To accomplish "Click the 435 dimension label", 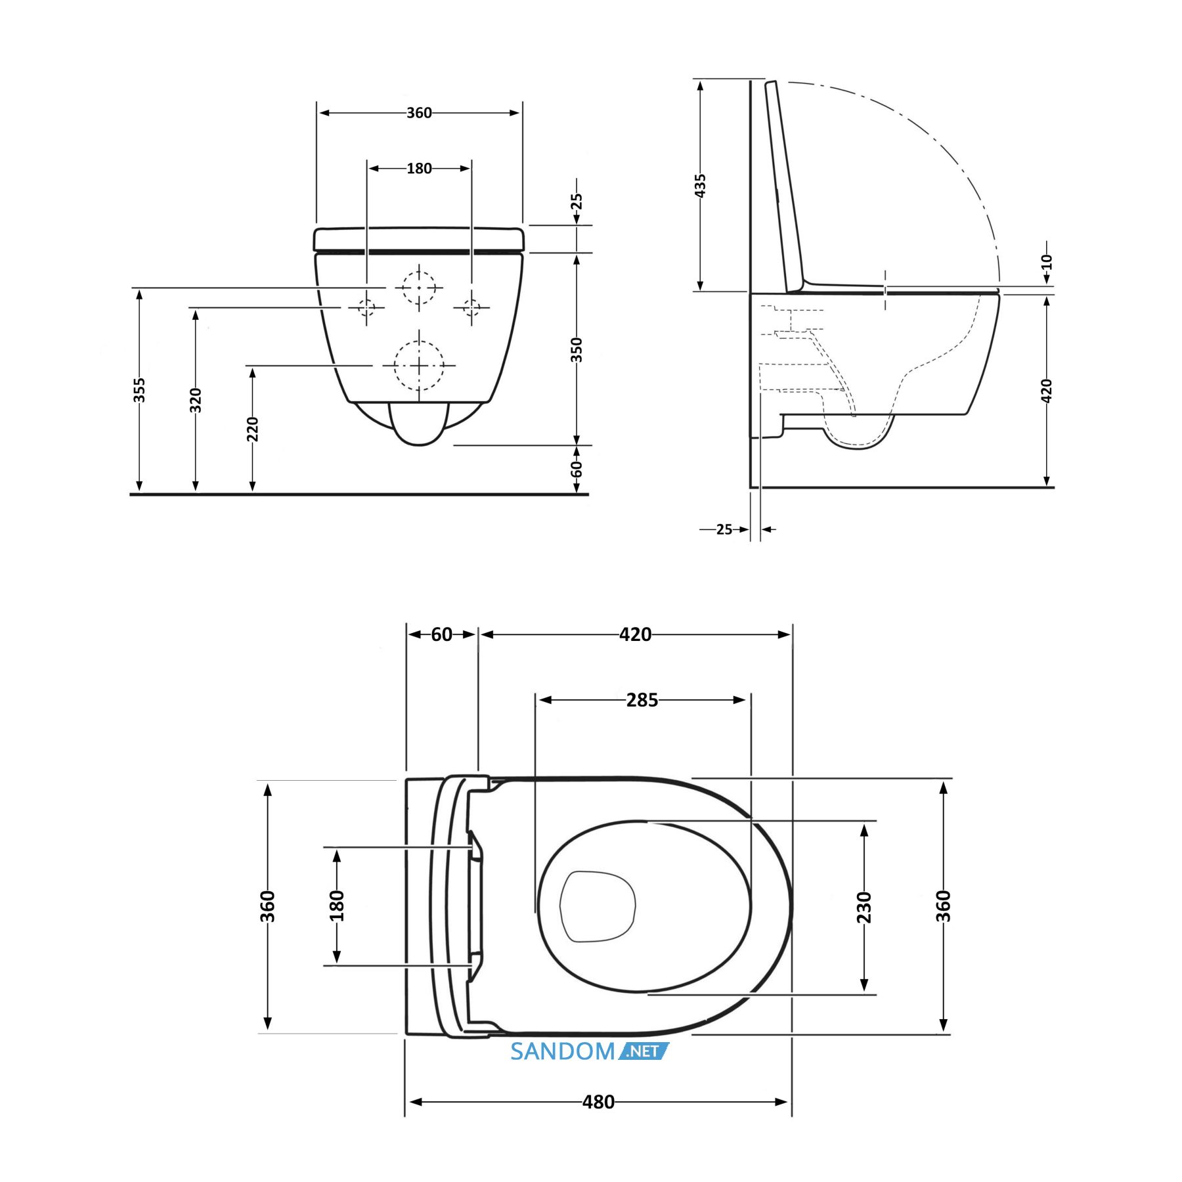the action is (x=701, y=186).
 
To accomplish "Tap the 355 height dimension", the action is (x=139, y=390).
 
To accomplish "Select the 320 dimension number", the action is (x=196, y=400).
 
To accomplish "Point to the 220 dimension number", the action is (x=253, y=429).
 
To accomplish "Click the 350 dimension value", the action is (x=577, y=349).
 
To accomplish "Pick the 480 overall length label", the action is (x=598, y=1102).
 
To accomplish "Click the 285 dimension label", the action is (x=642, y=700).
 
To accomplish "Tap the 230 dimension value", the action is (x=864, y=908).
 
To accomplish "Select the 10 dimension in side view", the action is (x=1047, y=262).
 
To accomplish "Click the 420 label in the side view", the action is (x=1047, y=391).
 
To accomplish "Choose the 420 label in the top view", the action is (x=635, y=634).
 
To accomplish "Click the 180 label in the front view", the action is (x=419, y=169).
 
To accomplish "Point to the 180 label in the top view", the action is (x=337, y=906).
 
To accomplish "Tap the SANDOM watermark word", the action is (x=562, y=1051).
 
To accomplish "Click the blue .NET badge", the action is (x=644, y=1051).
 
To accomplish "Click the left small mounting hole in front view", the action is (x=366, y=307).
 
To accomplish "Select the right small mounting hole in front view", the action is (x=471, y=307).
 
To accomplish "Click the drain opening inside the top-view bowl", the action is (x=598, y=906).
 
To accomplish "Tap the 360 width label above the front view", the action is (x=419, y=113).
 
